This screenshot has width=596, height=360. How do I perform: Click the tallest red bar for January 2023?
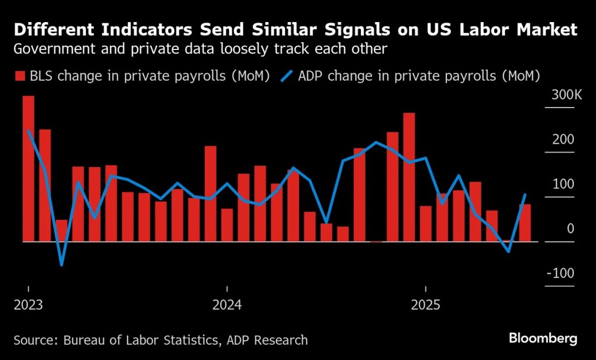click(x=29, y=169)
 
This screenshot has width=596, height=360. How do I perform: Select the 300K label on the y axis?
click(x=562, y=95)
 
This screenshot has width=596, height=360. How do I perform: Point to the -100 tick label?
click(x=562, y=273)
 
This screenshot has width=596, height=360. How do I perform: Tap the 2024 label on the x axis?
click(x=226, y=304)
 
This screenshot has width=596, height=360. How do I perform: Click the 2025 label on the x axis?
click(x=425, y=304)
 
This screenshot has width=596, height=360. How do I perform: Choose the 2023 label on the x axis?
click(x=28, y=304)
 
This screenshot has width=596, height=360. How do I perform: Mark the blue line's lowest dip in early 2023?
click(x=61, y=265)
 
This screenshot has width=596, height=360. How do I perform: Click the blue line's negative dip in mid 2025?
click(x=509, y=251)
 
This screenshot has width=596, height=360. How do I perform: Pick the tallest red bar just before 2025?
click(x=409, y=177)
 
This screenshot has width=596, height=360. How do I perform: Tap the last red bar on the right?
click(x=525, y=223)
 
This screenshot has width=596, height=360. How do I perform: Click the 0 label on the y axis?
click(x=570, y=229)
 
